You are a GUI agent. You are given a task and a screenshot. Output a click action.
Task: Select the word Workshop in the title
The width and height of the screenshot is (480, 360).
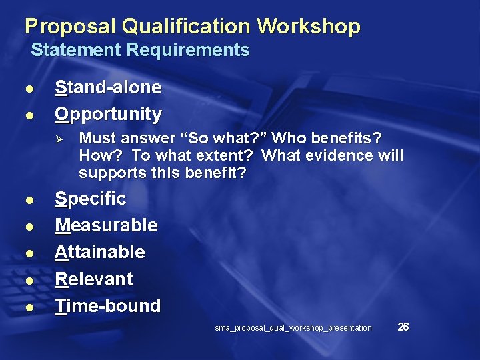tap(309, 27)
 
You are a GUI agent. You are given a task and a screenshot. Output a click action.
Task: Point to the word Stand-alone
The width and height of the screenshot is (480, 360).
tap(108, 87)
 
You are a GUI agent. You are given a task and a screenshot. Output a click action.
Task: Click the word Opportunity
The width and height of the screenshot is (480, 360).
tap(108, 114)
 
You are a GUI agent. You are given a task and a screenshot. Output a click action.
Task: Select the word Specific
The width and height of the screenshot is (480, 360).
tap(90, 199)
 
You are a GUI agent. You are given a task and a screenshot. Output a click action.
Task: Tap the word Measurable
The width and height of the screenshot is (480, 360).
tap(106, 225)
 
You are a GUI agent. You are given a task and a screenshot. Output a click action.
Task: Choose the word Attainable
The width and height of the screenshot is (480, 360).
tap(99, 252)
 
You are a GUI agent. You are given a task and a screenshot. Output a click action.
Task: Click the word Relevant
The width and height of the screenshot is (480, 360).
tap(93, 279)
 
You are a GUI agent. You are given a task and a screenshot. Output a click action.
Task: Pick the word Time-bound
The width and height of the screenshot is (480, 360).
tap(107, 306)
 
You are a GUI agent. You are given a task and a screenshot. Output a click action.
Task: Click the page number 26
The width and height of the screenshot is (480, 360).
tap(403, 327)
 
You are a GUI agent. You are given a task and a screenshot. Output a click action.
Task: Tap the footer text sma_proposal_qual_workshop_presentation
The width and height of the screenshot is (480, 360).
tap(293, 328)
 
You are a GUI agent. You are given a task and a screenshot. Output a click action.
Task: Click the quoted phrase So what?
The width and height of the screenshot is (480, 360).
tap(223, 139)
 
